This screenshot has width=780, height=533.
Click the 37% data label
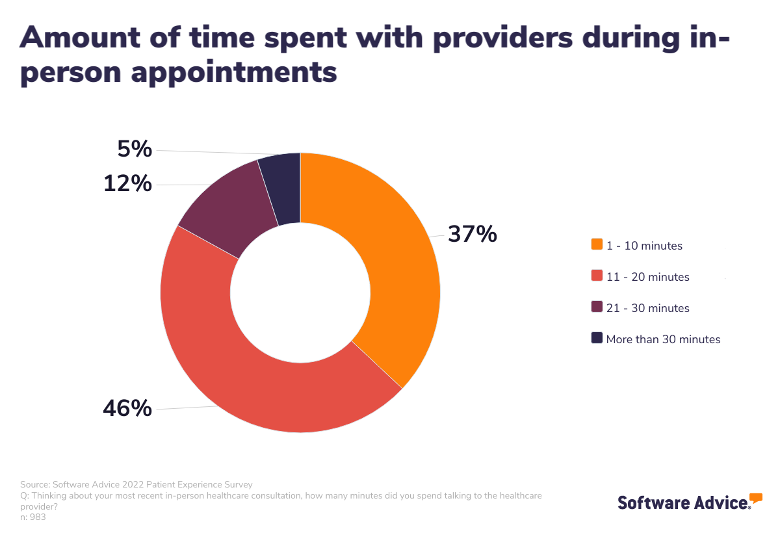tap(473, 234)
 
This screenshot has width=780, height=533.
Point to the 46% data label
tap(127, 408)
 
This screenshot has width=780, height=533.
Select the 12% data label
tap(127, 184)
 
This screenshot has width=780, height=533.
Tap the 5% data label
tap(135, 149)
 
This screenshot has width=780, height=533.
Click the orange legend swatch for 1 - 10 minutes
tap(597, 245)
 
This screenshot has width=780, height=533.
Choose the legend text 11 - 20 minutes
tap(647, 277)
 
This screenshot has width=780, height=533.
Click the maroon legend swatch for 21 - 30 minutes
tap(597, 307)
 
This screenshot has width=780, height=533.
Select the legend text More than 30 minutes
tap(663, 339)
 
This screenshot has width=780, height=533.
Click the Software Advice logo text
tap(682, 502)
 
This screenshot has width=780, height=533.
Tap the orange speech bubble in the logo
tap(755, 499)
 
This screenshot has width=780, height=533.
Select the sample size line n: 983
tap(33, 517)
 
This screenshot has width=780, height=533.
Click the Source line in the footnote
tap(136, 484)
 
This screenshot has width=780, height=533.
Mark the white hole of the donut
tap(300, 292)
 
